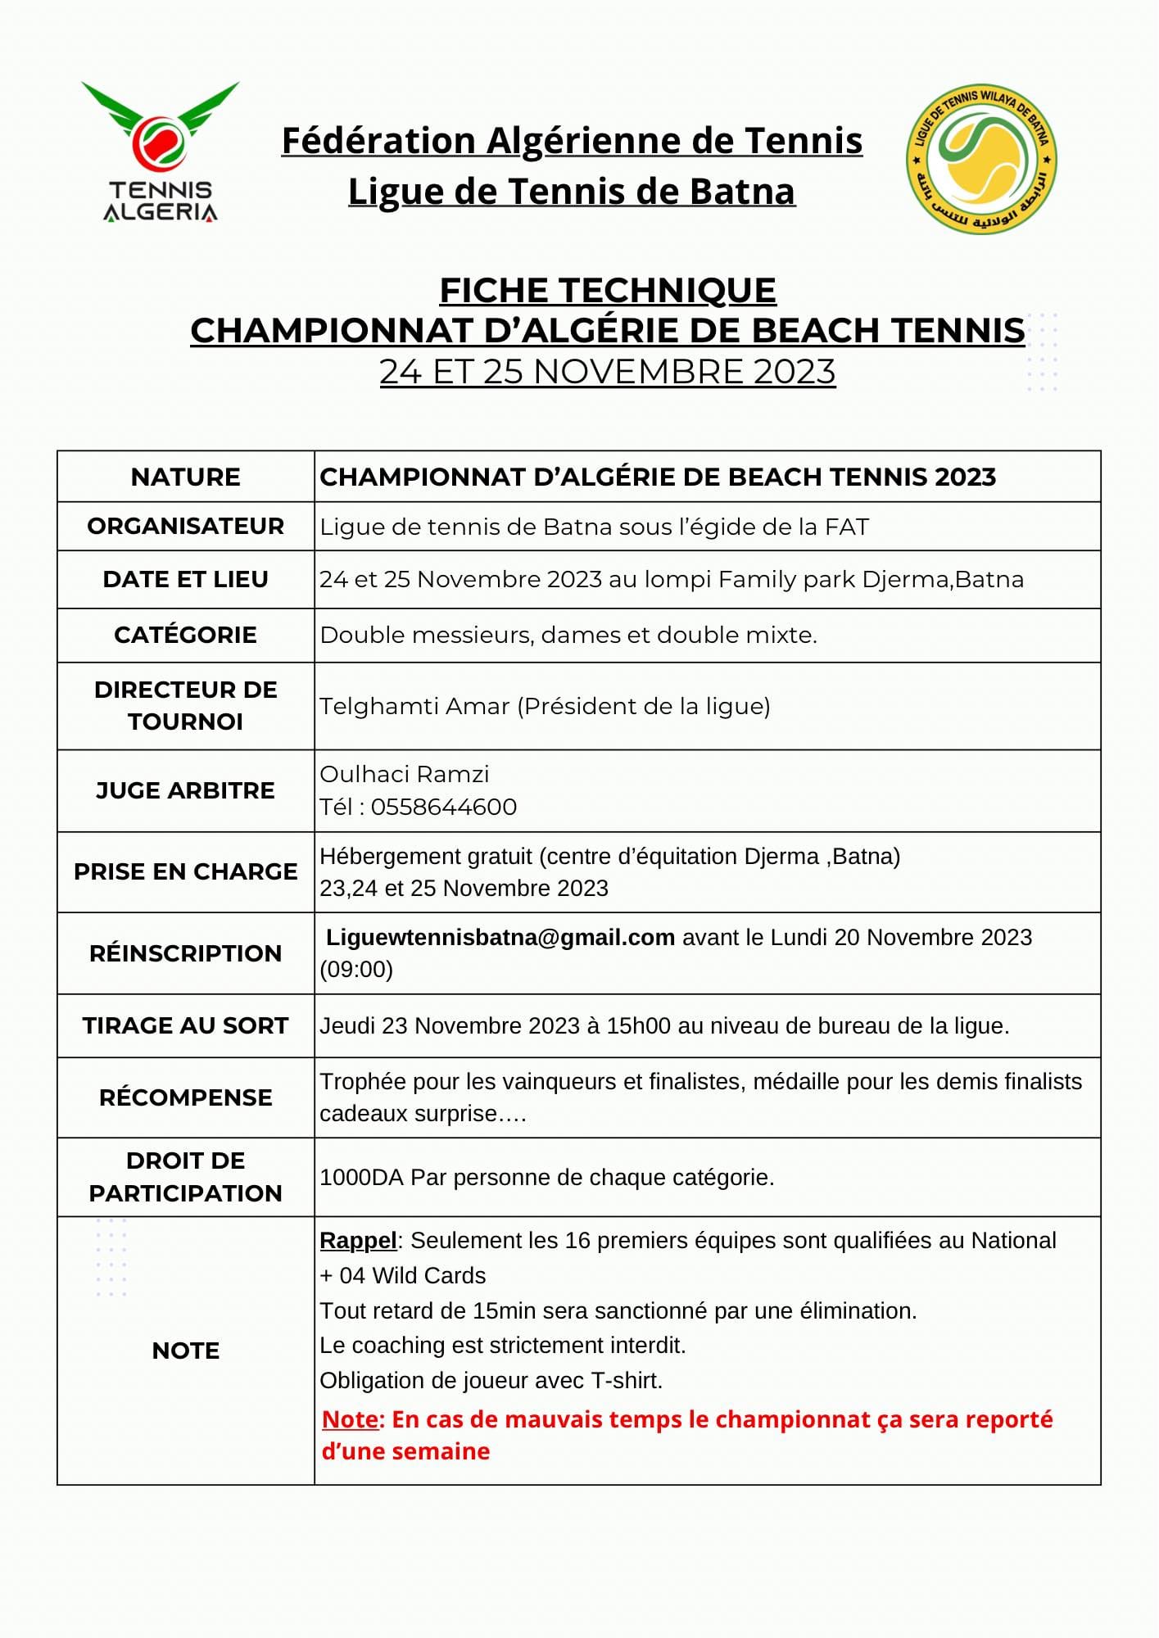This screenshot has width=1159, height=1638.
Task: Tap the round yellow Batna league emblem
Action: click(980, 159)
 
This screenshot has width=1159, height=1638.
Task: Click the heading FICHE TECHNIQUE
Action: click(608, 290)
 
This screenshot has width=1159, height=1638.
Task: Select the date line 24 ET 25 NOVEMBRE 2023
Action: click(608, 372)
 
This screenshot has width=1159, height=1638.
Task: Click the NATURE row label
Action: click(185, 477)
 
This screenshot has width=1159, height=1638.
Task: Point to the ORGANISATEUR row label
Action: click(185, 526)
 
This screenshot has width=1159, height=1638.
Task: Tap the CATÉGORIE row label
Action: click(185, 635)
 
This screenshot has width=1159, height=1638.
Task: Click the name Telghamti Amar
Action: click(414, 706)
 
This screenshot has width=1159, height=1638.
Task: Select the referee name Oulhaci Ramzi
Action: click(405, 774)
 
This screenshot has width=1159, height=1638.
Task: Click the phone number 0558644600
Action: click(444, 807)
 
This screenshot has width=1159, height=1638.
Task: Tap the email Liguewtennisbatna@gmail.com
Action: click(500, 937)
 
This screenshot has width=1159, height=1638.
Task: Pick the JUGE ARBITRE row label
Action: click(185, 790)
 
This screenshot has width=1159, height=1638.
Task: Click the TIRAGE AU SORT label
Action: click(185, 1025)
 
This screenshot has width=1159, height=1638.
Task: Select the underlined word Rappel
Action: click(358, 1240)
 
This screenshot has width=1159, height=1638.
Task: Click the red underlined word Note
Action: click(351, 1419)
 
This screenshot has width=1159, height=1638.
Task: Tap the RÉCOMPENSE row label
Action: click(185, 1097)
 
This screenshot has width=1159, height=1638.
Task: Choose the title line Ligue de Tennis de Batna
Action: click(572, 192)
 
